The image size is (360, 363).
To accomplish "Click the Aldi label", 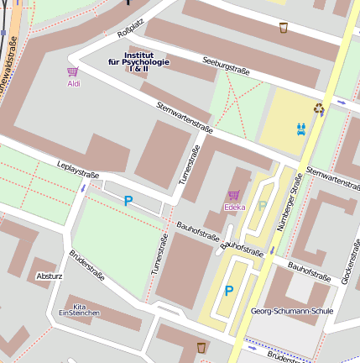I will coord(74,83).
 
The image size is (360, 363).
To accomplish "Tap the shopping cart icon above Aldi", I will coord(73,72).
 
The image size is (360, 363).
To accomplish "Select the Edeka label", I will coord(234,207).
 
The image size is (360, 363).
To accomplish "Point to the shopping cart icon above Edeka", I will coord(234,195).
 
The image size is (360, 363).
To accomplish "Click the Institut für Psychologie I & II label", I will coord(138,61).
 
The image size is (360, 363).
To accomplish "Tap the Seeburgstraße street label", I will coord(227,66).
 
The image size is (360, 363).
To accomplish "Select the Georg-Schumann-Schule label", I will coord(292,311).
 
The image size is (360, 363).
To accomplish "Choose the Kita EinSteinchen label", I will coord(79,309).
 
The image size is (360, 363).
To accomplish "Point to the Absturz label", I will coord(50,276).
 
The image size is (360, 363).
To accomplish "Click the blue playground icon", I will coord(301,129).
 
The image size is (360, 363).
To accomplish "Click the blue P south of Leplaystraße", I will coord(128,201).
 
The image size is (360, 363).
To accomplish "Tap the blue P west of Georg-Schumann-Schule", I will coord(228,292).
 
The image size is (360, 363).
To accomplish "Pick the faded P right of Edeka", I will coord(262,206).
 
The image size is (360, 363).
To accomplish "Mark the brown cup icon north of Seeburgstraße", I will coord(284,28).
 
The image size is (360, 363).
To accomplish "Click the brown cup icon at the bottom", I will coord(201,347).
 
